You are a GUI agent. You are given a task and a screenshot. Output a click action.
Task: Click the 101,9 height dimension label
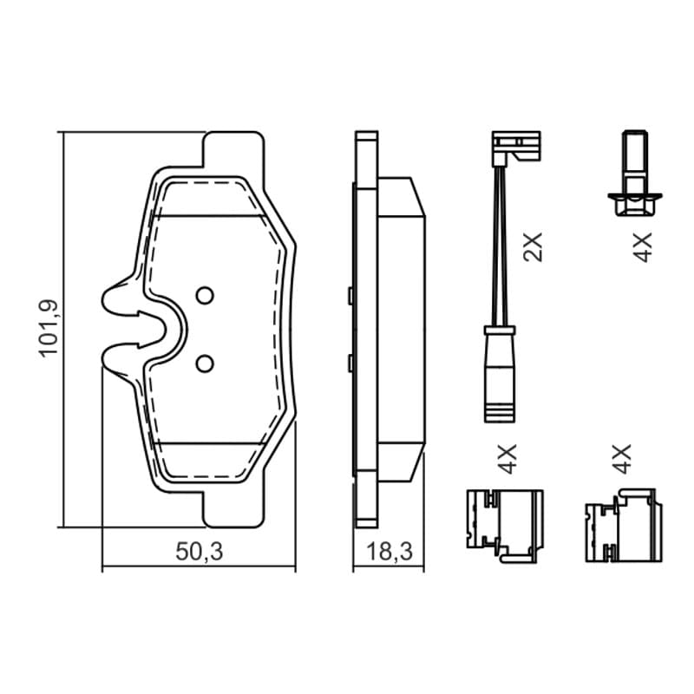pyautogui.click(x=49, y=329)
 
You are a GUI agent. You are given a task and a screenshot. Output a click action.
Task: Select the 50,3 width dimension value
pyautogui.click(x=200, y=552)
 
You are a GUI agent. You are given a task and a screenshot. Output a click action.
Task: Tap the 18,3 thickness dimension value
pyautogui.click(x=390, y=552)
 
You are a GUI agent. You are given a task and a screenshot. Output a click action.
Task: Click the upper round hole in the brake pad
pyautogui.click(x=205, y=295)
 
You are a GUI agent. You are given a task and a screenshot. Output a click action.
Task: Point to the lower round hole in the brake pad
pyautogui.click(x=205, y=363)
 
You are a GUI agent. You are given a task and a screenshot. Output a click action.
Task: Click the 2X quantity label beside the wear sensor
pyautogui.click(x=533, y=248)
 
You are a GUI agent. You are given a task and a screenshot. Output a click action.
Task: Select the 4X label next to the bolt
pyautogui.click(x=642, y=247)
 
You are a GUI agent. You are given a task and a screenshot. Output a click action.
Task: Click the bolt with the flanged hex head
pyautogui.click(x=635, y=173)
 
